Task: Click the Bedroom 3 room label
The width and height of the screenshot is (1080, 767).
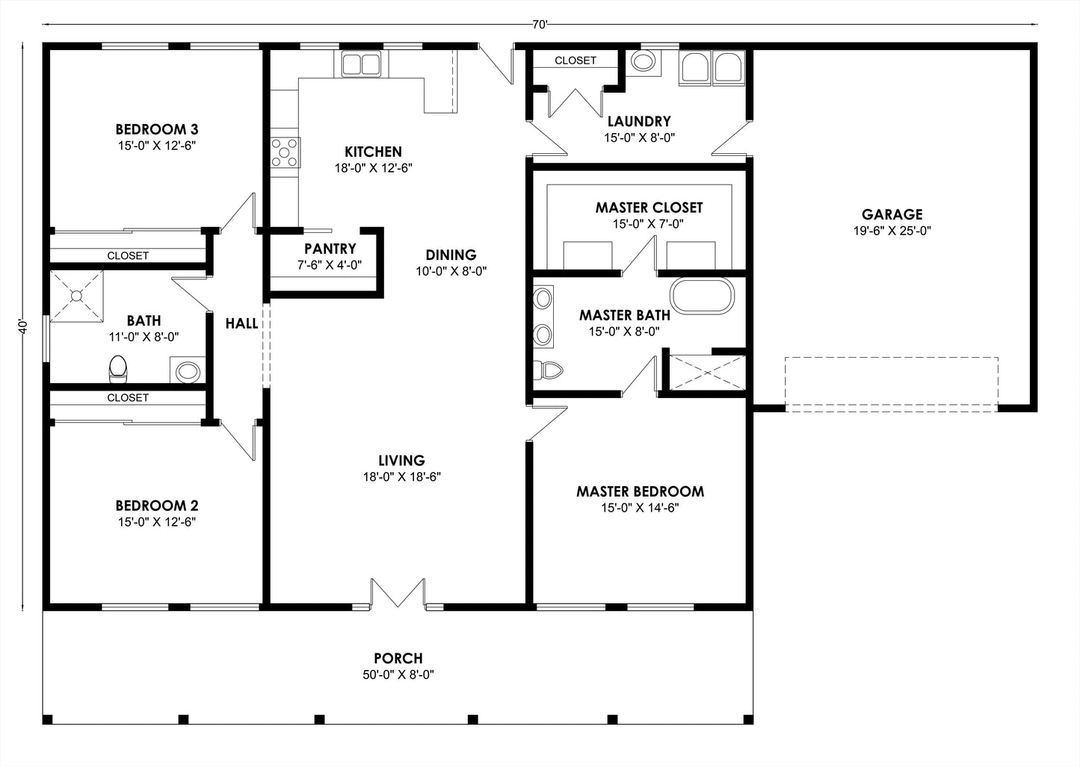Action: [x=156, y=129]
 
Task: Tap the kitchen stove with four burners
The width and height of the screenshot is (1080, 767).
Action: [x=285, y=152]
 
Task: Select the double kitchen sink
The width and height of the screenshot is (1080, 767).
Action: [x=362, y=64]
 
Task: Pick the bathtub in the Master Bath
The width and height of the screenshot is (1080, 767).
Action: [x=703, y=296]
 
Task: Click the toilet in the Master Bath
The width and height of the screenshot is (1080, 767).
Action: [x=549, y=370]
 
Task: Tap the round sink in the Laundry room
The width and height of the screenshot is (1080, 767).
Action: [x=643, y=61]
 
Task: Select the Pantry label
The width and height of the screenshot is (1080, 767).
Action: [x=330, y=249]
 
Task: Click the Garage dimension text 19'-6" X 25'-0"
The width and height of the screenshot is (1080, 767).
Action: [x=892, y=231]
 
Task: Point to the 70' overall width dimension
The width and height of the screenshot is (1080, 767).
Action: [x=540, y=25]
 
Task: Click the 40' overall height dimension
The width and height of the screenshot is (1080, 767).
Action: [x=24, y=326]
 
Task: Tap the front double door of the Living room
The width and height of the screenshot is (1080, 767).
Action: [x=398, y=593]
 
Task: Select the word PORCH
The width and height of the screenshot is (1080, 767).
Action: [x=398, y=658]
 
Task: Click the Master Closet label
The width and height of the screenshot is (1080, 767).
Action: [x=649, y=207]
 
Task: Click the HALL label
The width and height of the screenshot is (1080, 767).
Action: [x=241, y=323]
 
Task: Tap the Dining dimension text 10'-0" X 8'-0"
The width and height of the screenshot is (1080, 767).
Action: [x=451, y=271]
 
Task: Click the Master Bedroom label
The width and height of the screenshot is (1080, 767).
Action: [x=640, y=491]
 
